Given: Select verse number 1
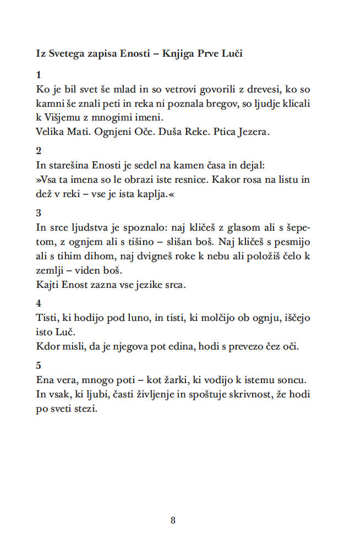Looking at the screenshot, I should click(38, 74).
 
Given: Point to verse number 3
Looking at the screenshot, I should click(38, 213).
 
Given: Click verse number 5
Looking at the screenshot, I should click(38, 365).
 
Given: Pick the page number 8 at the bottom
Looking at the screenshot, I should click(173, 520).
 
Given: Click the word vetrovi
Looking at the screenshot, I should click(154, 89).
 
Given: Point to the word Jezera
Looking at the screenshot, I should click(253, 132).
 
